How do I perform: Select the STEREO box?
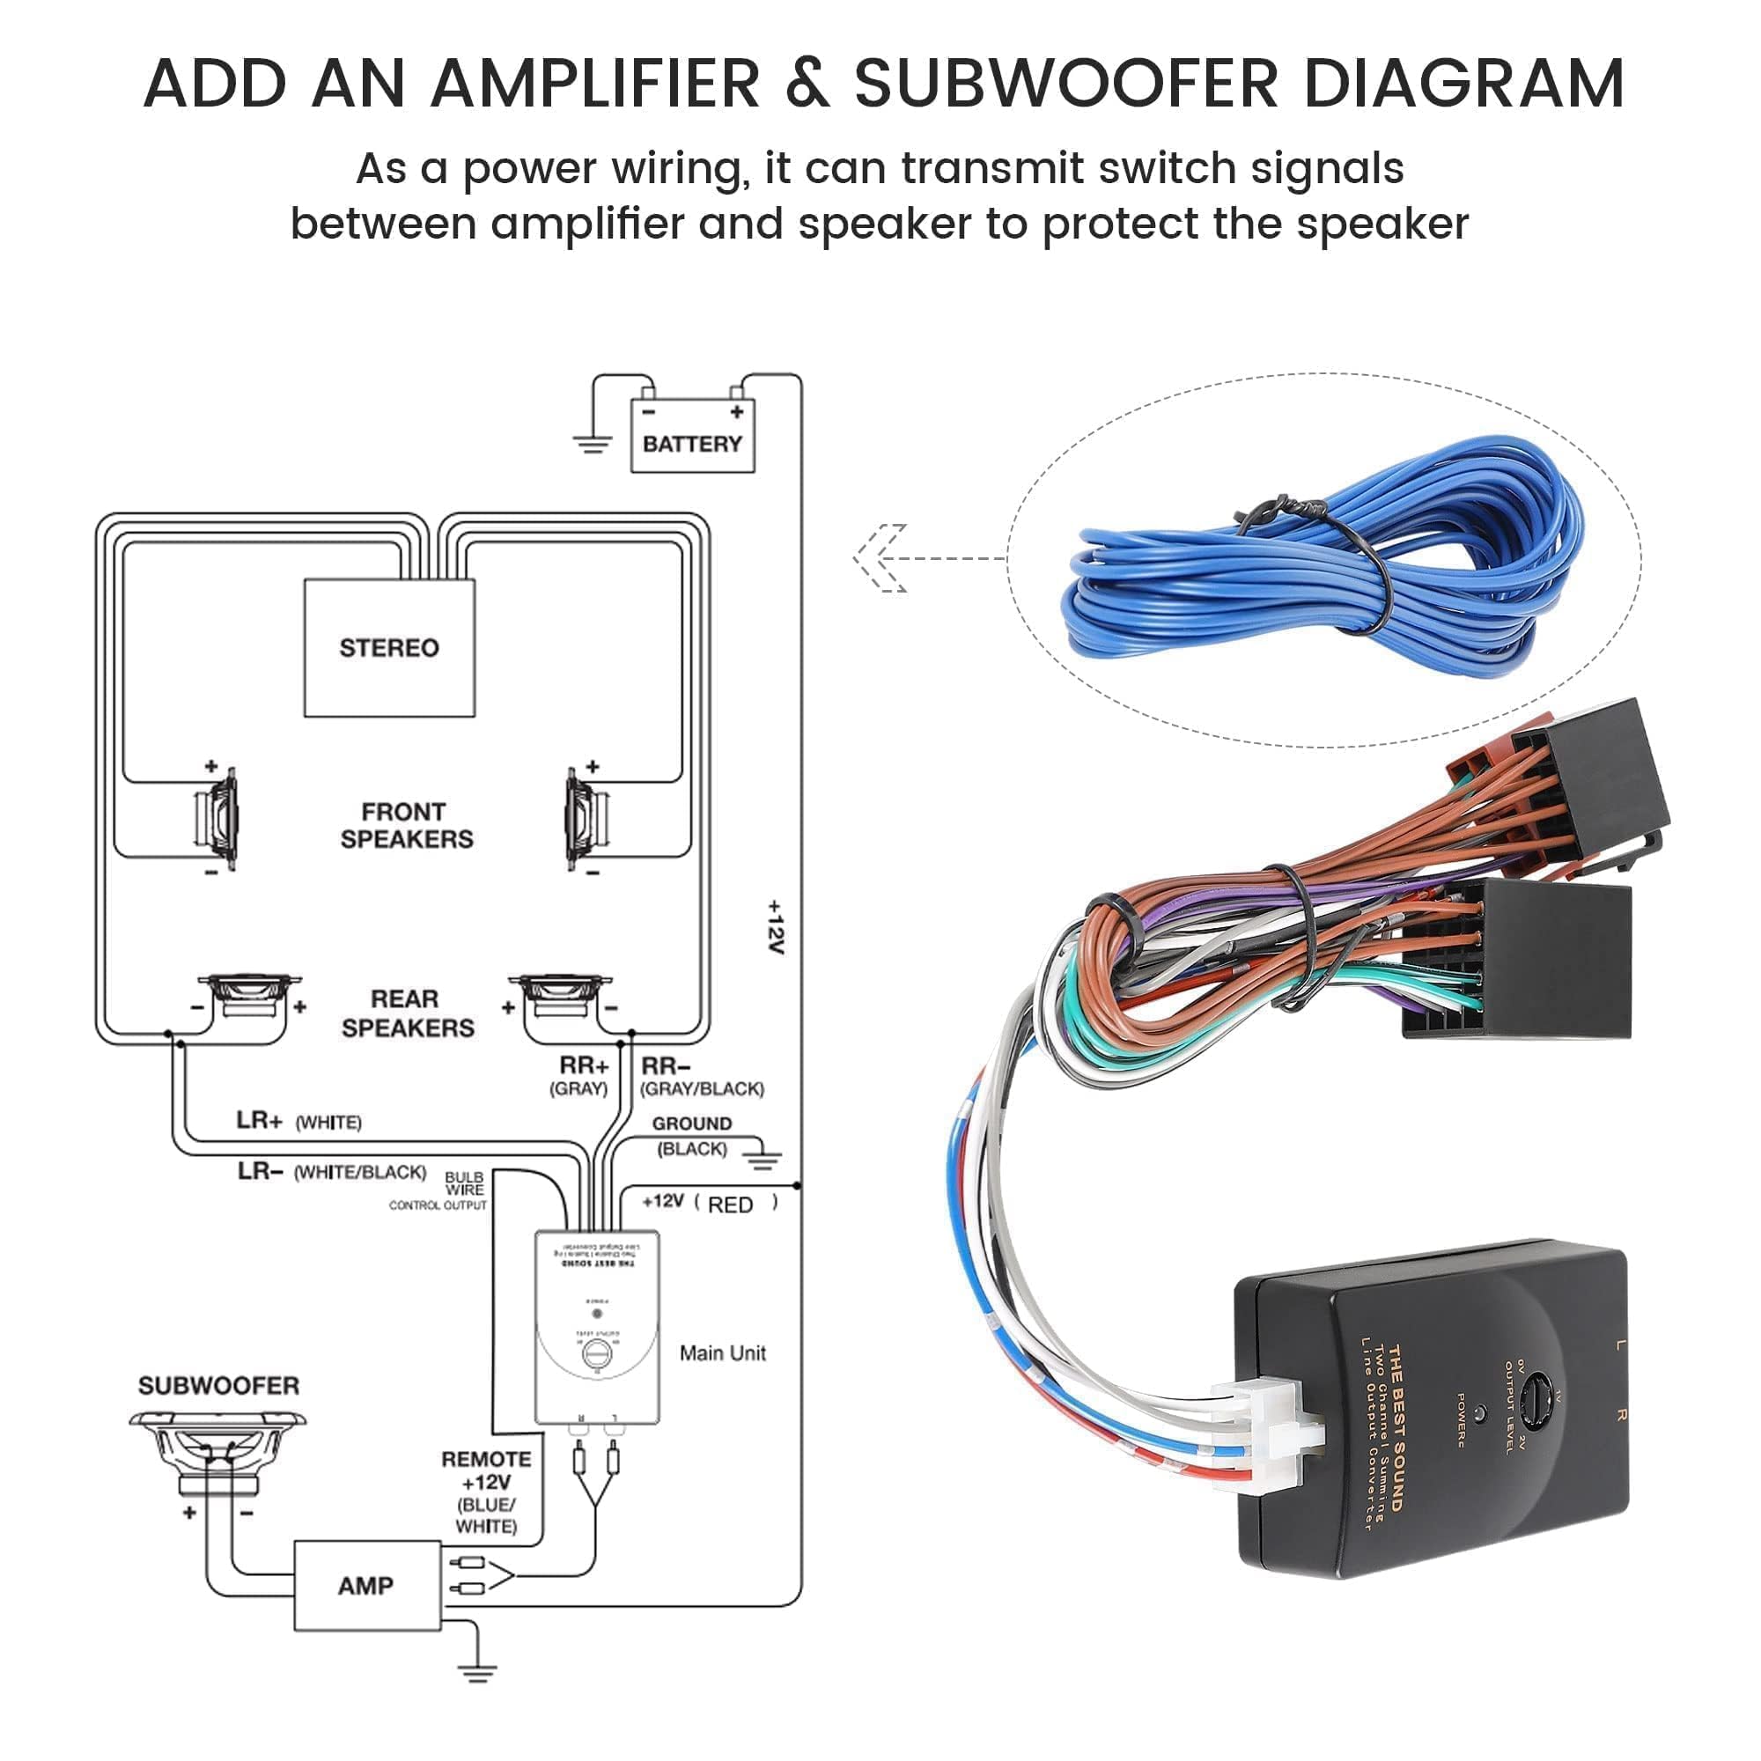pyautogui.click(x=389, y=647)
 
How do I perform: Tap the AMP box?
pyautogui.click(x=366, y=1586)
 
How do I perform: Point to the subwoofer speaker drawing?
pyautogui.click(x=217, y=1449)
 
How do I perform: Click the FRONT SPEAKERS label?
pyautogui.click(x=407, y=825)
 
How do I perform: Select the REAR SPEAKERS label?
pyautogui.click(x=407, y=1013)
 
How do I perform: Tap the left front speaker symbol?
pyautogui.click(x=217, y=819)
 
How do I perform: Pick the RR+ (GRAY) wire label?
pyautogui.click(x=581, y=1076)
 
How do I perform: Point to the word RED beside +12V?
pyautogui.click(x=730, y=1205)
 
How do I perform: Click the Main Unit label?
pyautogui.click(x=722, y=1352)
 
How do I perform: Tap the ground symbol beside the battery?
pyautogui.click(x=593, y=444)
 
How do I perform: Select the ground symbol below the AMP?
pyautogui.click(x=477, y=1673)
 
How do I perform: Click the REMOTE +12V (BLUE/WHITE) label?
pyautogui.click(x=487, y=1492)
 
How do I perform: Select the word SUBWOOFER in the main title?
pyautogui.click(x=1066, y=84)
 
